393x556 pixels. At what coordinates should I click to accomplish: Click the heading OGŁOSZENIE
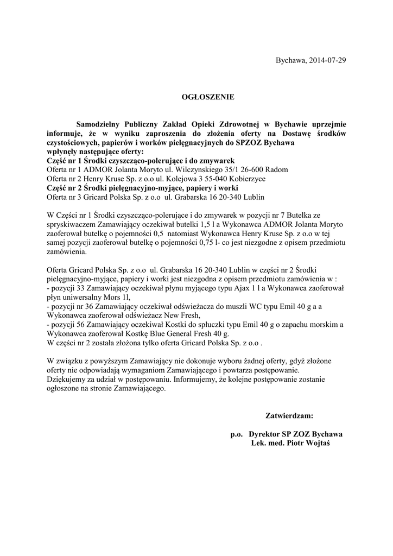coord(207,97)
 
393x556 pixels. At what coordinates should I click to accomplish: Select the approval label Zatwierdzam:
coord(289,416)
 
